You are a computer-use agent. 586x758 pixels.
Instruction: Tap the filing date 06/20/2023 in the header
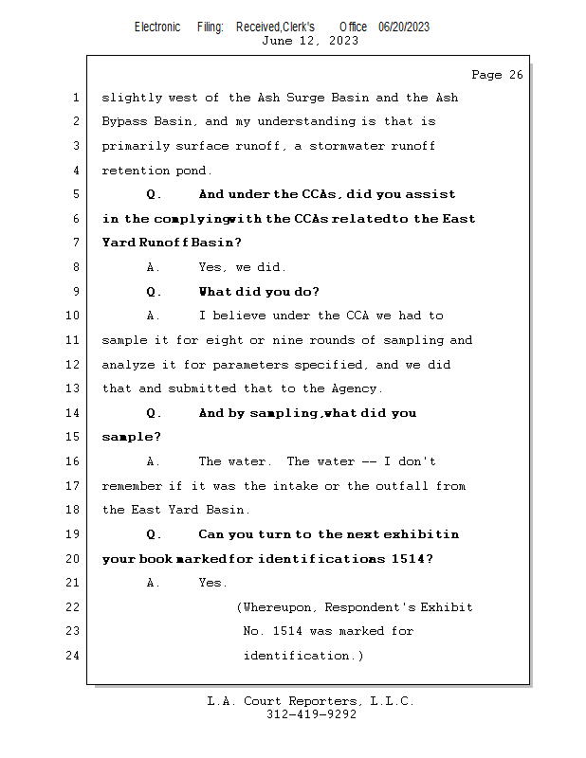coord(403,27)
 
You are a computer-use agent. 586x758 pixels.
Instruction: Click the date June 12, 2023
coord(309,41)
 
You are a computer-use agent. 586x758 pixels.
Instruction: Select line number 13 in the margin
coord(75,388)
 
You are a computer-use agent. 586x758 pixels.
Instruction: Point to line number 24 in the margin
coord(75,656)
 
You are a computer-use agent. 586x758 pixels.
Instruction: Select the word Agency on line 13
coord(355,388)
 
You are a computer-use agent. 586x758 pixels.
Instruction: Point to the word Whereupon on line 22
coord(279,607)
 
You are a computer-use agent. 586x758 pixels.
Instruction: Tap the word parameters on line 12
coord(253,365)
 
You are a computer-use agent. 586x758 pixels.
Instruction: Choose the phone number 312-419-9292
coord(311,714)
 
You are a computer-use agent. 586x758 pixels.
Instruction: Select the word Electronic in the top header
coord(157,27)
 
